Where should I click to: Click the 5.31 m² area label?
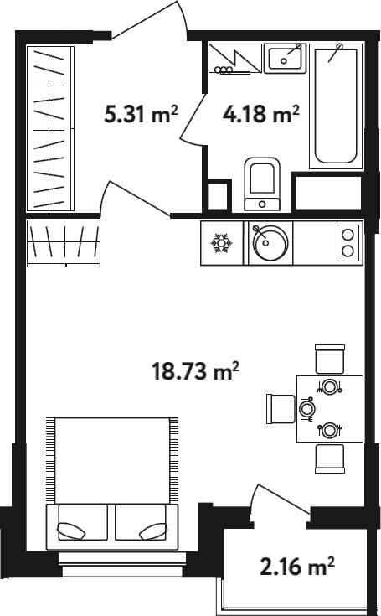142,114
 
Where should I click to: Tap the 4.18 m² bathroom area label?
261,114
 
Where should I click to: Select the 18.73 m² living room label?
195,371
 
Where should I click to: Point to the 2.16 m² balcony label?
297,566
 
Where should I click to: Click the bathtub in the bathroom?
337,106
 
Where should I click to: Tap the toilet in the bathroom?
262,184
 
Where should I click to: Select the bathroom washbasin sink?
285,58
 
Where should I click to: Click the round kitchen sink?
270,242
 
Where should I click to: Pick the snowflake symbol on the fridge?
222,243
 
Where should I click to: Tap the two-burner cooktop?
348,243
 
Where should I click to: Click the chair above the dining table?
330,359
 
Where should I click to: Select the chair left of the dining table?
281,409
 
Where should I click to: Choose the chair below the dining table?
330,458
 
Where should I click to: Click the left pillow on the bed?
72,531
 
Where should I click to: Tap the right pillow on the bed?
153,531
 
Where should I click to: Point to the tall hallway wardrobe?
50,128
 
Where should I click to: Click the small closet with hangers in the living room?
64,243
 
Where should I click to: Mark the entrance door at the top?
150,18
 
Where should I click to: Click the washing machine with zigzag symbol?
235,58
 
